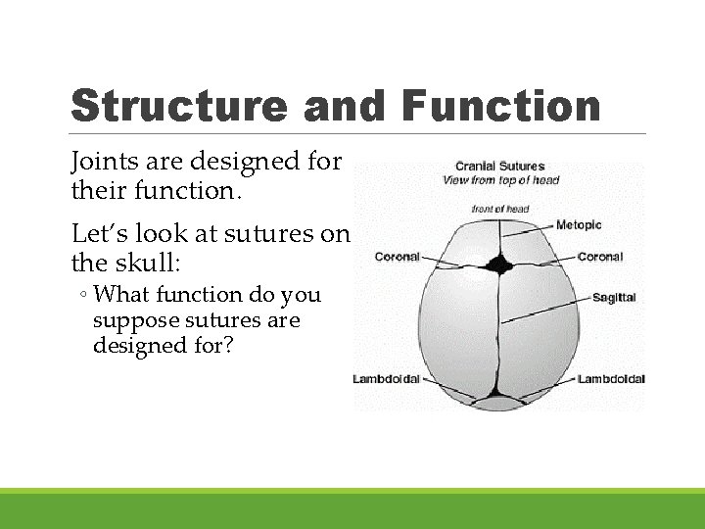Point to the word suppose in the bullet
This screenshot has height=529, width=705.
coord(133,320)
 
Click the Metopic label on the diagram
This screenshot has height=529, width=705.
coord(580,225)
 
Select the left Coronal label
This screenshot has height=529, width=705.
coord(398,258)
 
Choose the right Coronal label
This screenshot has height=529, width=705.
coord(599,257)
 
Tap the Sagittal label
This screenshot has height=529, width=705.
coord(613,297)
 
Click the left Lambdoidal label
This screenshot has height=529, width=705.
coord(386,379)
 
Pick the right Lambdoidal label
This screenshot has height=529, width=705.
coord(611,379)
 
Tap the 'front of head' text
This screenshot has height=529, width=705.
coord(499,209)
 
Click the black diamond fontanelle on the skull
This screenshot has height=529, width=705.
coord(499,264)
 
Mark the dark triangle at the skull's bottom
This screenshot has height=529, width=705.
coord(498,402)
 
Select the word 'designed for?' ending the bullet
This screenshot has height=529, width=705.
coord(163,346)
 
